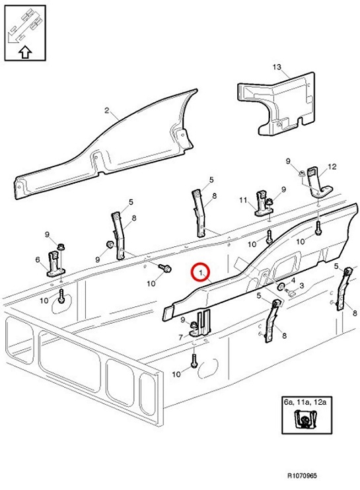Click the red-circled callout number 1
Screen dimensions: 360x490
pos(200,273)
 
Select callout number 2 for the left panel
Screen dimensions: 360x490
pos(107,110)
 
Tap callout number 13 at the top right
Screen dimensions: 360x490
pos(277,67)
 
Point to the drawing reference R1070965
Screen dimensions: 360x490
pos(302,475)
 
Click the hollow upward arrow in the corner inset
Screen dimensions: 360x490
pos(25,52)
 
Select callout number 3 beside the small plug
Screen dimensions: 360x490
pos(302,286)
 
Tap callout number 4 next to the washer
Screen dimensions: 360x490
pos(293,280)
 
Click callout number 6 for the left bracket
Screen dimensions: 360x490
pos(38,260)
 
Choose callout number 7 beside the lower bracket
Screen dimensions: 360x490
pos(180,337)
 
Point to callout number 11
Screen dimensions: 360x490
pos(243,200)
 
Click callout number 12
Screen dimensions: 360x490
pos(332,167)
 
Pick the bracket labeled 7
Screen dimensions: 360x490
pos(201,324)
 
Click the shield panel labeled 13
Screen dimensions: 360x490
pos(277,104)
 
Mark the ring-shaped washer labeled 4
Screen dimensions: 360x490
pos(281,286)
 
